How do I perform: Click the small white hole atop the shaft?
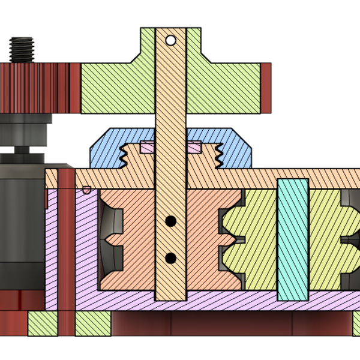coord(170,41)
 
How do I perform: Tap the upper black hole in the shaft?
coord(170,221)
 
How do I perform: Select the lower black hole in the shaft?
coord(170,259)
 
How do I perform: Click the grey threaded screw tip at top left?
coord(22,49)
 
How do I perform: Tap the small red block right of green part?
coord(266,88)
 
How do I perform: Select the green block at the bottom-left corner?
coord(42,324)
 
